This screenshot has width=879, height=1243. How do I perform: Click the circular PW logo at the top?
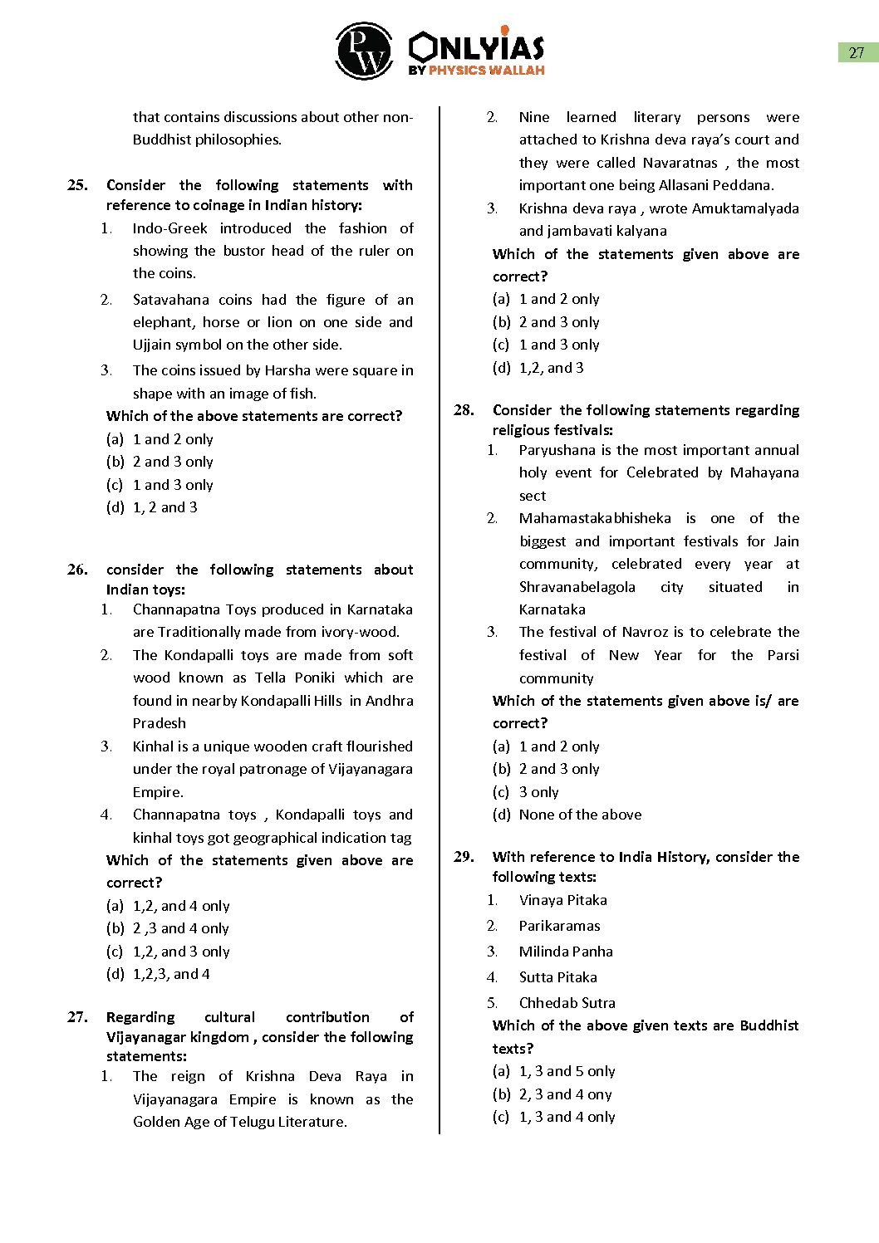click(x=364, y=51)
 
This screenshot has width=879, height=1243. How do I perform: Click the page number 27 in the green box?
click(x=857, y=52)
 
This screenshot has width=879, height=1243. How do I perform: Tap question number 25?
click(x=77, y=185)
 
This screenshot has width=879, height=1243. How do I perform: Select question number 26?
click(x=77, y=570)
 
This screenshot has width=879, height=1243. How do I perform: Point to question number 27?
click(x=77, y=1017)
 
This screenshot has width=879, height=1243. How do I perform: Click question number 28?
click(x=464, y=410)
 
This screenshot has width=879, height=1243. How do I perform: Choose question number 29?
click(x=464, y=857)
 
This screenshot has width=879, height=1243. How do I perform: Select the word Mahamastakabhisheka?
click(x=595, y=518)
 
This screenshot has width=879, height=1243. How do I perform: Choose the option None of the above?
click(x=580, y=815)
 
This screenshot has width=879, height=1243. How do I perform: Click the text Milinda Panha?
click(x=566, y=952)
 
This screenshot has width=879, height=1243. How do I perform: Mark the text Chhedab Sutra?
click(x=567, y=1003)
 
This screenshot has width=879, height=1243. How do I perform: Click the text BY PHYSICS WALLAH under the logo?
click(x=476, y=71)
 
